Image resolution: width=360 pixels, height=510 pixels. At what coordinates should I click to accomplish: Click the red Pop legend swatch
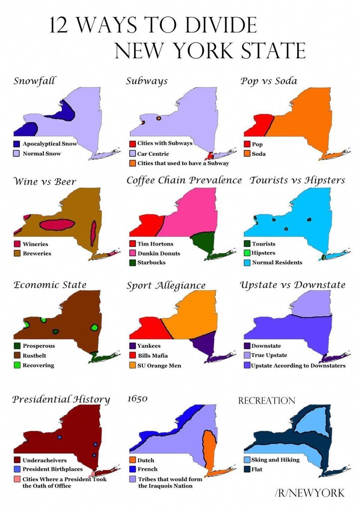(247, 144)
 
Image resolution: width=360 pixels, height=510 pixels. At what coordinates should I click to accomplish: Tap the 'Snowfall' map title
(34, 81)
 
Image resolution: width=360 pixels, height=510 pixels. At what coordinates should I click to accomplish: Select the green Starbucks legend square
(132, 262)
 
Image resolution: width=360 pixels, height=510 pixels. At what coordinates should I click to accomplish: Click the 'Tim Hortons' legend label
(155, 244)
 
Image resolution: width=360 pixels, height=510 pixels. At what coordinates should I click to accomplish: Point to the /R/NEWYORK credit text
(309, 493)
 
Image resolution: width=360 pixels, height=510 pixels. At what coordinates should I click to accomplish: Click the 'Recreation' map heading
(266, 401)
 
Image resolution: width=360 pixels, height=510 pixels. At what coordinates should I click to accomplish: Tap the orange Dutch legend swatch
(132, 460)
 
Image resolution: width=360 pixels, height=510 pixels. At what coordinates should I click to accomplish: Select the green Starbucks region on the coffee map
(204, 243)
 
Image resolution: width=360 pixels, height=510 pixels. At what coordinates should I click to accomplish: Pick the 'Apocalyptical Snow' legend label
(50, 144)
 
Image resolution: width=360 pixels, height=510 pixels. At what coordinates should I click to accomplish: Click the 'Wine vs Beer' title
(45, 181)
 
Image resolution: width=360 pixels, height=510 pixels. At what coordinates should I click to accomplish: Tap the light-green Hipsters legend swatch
(247, 253)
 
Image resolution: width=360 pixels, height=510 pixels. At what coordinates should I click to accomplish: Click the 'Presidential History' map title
(61, 399)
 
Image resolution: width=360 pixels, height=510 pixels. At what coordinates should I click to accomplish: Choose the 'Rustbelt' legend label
(36, 356)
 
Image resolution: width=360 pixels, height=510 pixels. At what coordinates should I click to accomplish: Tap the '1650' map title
(137, 399)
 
